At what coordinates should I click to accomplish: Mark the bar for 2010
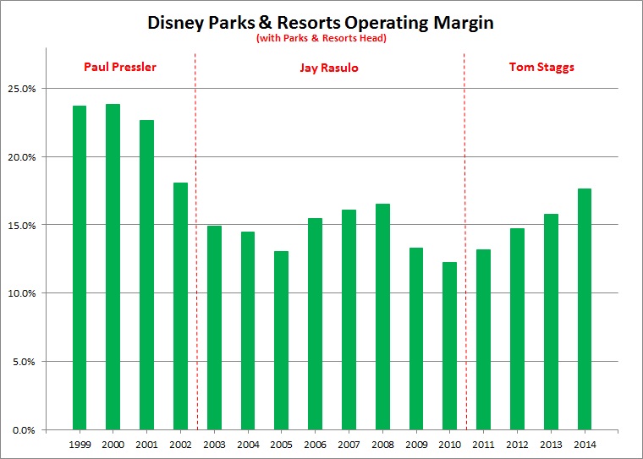tap(449, 346)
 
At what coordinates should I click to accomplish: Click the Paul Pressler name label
tap(119, 67)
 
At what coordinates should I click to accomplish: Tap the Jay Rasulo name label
tap(330, 68)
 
